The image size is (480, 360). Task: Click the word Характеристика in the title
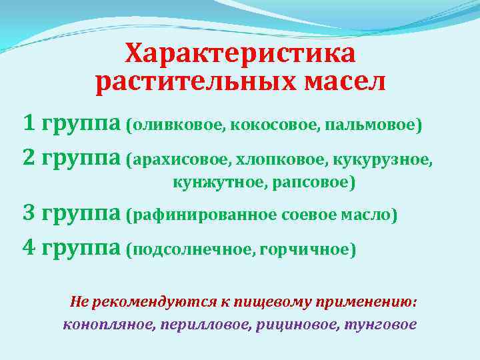tap(240, 54)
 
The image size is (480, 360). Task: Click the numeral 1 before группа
tap(29, 123)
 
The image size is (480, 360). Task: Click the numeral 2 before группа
tap(29, 159)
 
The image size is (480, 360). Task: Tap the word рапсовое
tap(313, 182)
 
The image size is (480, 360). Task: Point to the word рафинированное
tap(204, 215)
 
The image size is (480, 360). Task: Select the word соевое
tap(307, 215)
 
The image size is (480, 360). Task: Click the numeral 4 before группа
tap(29, 248)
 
